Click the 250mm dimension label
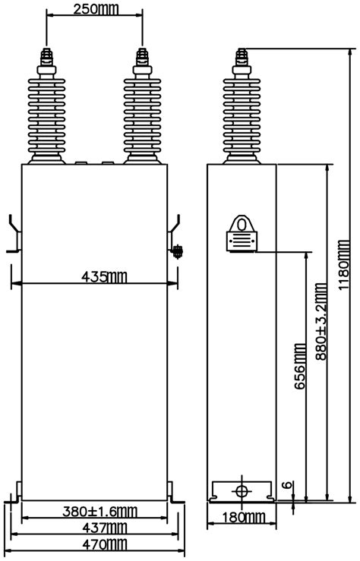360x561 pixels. tap(95, 9)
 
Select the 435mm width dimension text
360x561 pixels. tap(104, 276)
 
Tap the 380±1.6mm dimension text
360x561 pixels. tap(99, 512)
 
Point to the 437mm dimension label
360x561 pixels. tap(105, 528)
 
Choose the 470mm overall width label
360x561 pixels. tap(105, 544)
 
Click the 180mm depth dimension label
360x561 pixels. tap(244, 518)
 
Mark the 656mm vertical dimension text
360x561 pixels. tap(300, 366)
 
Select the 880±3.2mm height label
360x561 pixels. tap(321, 321)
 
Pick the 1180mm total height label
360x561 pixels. tap(343, 266)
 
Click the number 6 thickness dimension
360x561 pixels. tap(286, 486)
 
